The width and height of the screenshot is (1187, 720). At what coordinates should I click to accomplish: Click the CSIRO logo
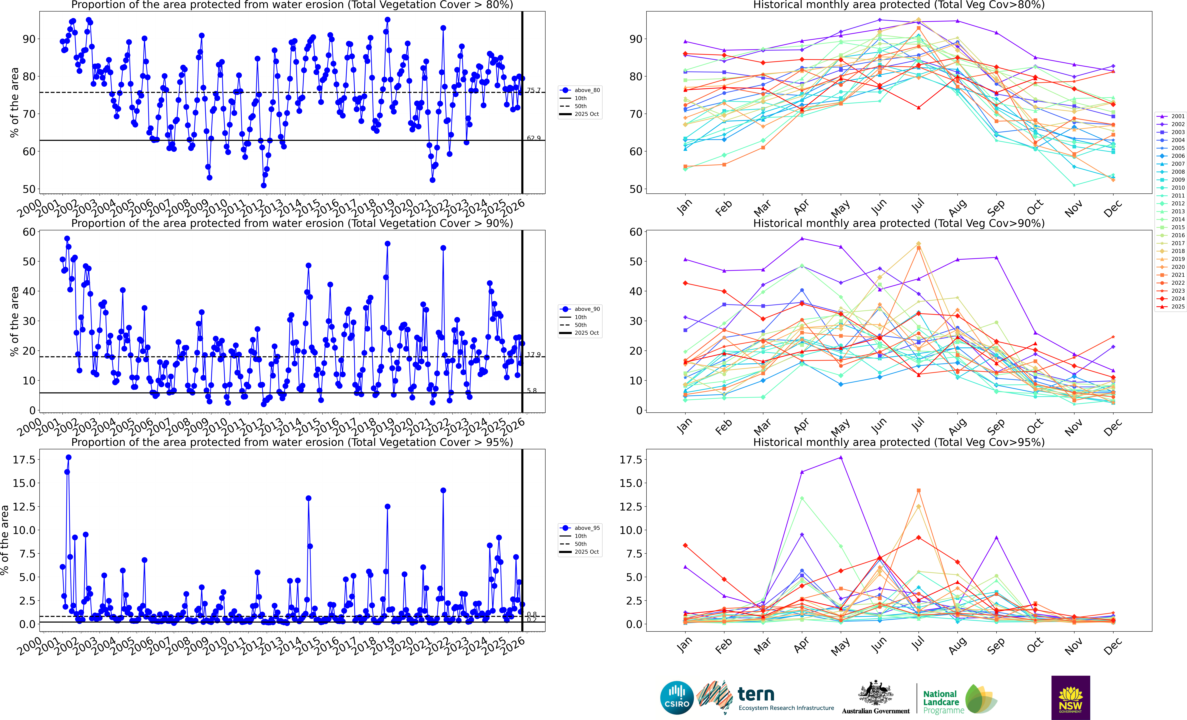click(677, 697)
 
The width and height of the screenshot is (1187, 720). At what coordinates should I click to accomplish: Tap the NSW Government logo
click(1070, 697)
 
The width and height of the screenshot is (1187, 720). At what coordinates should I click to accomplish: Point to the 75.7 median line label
click(533, 90)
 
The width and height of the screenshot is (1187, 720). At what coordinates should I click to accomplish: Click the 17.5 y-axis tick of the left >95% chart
click(24, 460)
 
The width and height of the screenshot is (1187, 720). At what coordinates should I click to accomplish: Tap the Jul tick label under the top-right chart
click(918, 207)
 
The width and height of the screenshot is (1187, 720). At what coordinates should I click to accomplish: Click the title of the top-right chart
click(898, 5)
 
